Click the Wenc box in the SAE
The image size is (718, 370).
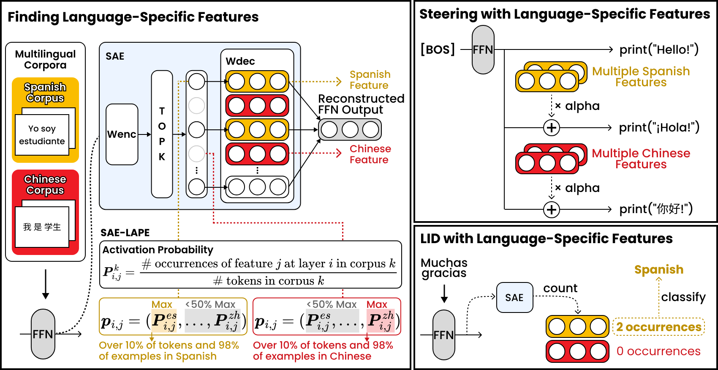point(122,134)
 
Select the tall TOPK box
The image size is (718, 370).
point(162,134)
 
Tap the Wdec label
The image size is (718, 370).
point(240,61)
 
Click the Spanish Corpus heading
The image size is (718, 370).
point(45,93)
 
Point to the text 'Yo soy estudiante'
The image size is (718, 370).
point(42,135)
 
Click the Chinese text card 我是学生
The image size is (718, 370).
point(42,227)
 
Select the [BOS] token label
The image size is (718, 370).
point(438,49)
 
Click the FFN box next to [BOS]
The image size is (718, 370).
point(483,50)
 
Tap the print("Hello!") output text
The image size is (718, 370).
point(658,49)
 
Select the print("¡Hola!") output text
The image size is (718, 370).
point(659,127)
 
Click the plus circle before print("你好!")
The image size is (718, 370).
point(551,209)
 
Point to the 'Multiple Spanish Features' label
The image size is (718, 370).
point(641,77)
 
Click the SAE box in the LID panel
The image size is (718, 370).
point(514,298)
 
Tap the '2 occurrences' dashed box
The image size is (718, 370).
point(658,327)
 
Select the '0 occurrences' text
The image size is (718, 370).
point(658,351)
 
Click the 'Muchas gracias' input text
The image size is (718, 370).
point(444,268)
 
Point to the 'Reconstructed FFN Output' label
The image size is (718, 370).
point(361,104)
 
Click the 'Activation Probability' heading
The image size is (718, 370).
point(158,250)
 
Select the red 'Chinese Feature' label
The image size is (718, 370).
point(370,154)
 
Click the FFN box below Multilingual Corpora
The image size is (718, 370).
point(43,334)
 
